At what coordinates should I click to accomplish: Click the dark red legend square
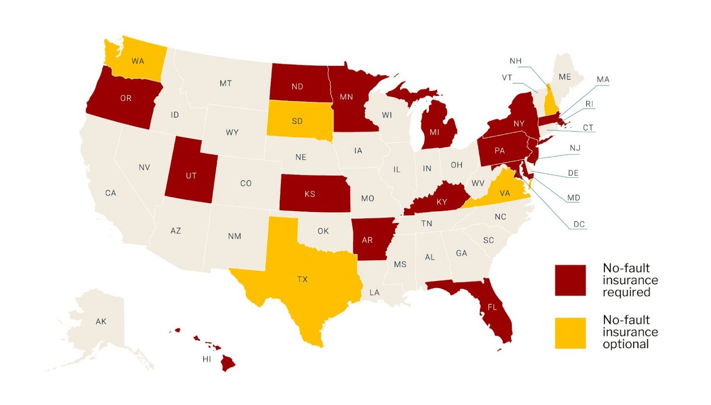570,280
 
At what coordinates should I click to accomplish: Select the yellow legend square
570,333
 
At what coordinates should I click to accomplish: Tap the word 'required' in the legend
626,293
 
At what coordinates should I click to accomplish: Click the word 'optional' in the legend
626,344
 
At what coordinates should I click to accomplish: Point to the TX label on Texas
302,279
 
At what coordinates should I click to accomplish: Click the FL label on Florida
492,307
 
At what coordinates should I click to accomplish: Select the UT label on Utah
191,176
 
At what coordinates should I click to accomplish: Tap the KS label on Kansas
310,194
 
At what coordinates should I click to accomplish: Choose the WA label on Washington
138,61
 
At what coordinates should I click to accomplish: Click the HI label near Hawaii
207,359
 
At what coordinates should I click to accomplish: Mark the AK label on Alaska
101,322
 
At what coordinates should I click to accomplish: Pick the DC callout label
579,224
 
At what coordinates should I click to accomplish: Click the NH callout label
516,61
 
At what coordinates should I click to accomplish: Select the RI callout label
589,104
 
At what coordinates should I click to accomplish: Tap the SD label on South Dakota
297,121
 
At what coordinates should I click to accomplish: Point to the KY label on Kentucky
442,202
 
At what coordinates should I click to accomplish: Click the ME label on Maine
565,77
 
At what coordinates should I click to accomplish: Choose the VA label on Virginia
505,193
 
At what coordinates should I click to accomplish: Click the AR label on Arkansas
367,240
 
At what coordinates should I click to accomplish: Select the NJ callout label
575,148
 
